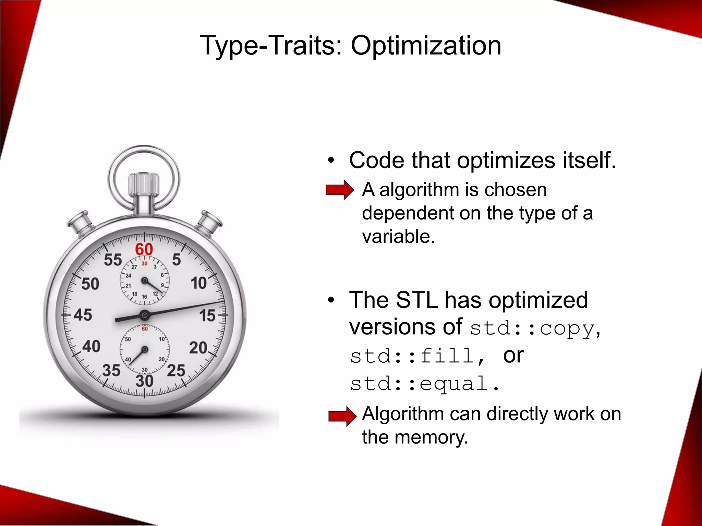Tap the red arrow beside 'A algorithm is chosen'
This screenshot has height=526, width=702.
tap(339, 190)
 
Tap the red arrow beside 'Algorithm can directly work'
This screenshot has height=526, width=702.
tap(342, 416)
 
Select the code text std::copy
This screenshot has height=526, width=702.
tap(532, 329)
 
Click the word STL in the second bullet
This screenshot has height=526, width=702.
tap(416, 301)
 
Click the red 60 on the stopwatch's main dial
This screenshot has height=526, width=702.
tap(144, 249)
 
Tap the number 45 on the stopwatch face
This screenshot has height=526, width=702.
tap(83, 315)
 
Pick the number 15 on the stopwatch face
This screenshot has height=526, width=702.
tap(207, 315)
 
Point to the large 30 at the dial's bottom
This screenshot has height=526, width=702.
tap(144, 381)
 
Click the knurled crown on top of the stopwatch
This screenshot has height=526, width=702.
tap(144, 185)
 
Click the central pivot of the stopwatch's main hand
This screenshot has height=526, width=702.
tap(145, 315)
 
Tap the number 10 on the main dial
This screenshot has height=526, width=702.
tap(199, 283)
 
